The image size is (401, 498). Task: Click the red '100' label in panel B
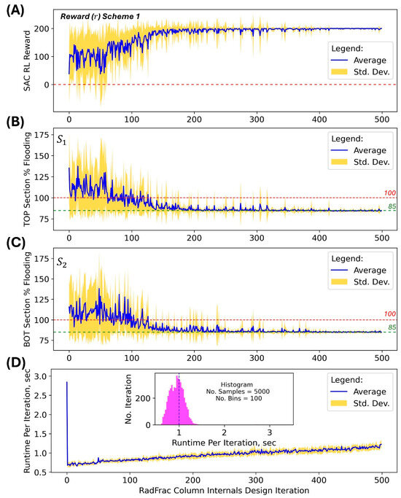(388, 192)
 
